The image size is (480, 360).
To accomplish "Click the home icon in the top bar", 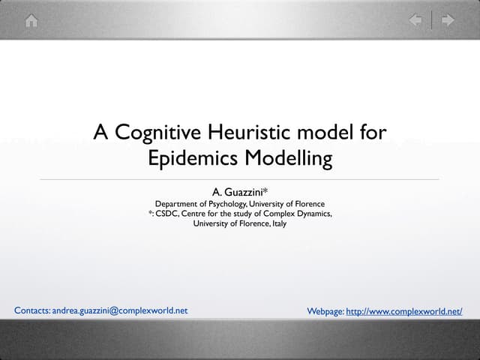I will (x=31, y=20).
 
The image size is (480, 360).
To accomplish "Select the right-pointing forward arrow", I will (x=448, y=20).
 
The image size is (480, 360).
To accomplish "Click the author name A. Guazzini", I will (x=239, y=192).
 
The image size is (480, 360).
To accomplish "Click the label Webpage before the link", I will (x=325, y=310).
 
